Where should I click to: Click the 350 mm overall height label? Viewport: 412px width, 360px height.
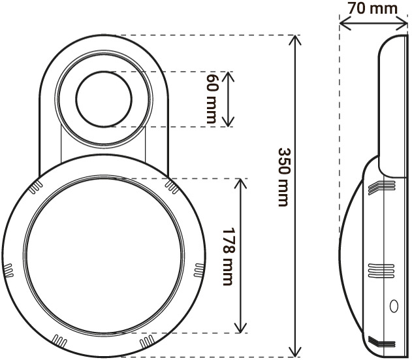pos(283,176)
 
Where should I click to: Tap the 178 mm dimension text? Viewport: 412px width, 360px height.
pos(228,255)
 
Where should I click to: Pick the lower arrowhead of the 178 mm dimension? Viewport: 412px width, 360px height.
pos(242,327)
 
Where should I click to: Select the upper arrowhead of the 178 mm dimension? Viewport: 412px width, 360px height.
pos(242,185)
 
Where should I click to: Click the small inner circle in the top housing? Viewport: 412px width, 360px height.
pos(104,100)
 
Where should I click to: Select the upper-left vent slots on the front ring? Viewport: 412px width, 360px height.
pos(36,188)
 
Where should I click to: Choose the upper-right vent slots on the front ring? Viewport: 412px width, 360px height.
pos(172,188)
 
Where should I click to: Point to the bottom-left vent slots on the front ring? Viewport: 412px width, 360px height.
pos(59,340)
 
